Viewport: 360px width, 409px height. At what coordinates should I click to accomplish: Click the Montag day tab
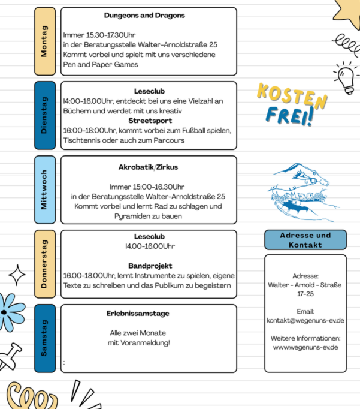click(x=44, y=41)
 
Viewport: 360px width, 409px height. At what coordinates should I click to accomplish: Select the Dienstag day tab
click(x=44, y=115)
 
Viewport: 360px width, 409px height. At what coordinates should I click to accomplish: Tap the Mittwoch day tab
click(x=44, y=190)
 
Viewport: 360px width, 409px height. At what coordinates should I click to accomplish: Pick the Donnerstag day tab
click(x=44, y=264)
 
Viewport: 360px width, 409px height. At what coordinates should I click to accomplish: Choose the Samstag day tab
click(x=44, y=338)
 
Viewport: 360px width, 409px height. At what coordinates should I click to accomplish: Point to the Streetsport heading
click(x=150, y=120)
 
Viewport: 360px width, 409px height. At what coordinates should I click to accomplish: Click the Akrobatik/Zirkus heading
click(x=149, y=167)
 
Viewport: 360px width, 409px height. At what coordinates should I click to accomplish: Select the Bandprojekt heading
click(x=150, y=265)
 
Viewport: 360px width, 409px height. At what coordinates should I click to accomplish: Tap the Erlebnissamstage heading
click(x=138, y=313)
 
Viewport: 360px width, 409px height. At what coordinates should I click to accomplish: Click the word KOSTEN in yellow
click(x=292, y=95)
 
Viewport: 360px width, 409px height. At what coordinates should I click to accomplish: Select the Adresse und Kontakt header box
click(x=305, y=240)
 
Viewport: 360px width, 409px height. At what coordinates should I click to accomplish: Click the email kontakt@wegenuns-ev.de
click(x=305, y=320)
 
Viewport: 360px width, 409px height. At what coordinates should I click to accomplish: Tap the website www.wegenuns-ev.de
click(x=305, y=347)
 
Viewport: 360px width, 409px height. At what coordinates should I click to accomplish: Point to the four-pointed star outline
click(x=17, y=275)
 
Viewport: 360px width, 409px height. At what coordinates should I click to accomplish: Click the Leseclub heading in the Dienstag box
click(x=150, y=91)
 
